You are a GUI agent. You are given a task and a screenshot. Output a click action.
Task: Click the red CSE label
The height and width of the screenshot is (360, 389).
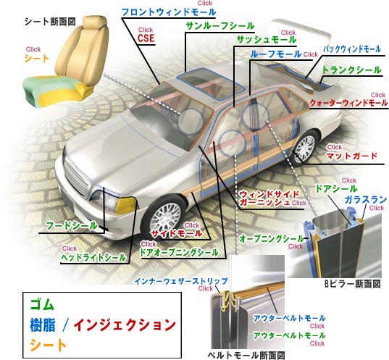pyautogui.click(x=146, y=38)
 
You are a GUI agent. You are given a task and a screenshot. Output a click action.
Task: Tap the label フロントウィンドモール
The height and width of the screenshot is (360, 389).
pyautogui.click(x=169, y=12)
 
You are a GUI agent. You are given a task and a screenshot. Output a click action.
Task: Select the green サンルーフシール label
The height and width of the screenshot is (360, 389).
pyautogui.click(x=220, y=26)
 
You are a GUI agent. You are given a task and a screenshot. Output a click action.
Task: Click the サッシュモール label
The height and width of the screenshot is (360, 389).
pyautogui.click(x=266, y=40)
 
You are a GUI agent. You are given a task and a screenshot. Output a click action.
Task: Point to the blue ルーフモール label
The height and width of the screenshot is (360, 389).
pyautogui.click(x=276, y=54)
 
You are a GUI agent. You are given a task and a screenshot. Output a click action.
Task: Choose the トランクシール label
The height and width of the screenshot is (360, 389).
pyautogui.click(x=351, y=70)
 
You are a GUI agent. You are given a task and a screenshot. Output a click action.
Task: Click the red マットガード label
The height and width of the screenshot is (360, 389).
pyautogui.click(x=352, y=156)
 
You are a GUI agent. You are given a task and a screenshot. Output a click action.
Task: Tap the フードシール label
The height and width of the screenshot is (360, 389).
pyautogui.click(x=72, y=226)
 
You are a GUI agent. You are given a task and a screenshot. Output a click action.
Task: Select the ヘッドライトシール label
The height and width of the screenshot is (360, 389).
pyautogui.click(x=93, y=257)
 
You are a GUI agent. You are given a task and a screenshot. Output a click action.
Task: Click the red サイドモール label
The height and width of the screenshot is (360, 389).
pyautogui.click(x=177, y=233)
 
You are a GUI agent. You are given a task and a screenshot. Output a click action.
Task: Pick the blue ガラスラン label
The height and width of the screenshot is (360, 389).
pyautogui.click(x=366, y=200)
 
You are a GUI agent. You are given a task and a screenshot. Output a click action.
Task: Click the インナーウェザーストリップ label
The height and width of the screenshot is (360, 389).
pyautogui.click(x=181, y=281)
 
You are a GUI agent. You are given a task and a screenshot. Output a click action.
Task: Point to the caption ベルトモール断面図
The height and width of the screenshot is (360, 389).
pyautogui.click(x=246, y=355)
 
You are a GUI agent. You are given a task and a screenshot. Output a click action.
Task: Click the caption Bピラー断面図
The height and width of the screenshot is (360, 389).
pyautogui.click(x=353, y=284)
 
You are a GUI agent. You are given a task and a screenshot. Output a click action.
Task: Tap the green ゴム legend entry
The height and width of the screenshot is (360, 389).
pyautogui.click(x=42, y=304)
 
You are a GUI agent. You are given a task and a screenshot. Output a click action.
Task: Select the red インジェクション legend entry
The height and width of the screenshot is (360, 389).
pyautogui.click(x=125, y=325)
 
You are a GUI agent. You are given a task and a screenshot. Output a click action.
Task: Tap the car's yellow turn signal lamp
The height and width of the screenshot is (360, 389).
pyautogui.click(x=126, y=205)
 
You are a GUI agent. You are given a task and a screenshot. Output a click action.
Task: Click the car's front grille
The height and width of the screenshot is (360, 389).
pyautogui.click(x=76, y=177)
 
